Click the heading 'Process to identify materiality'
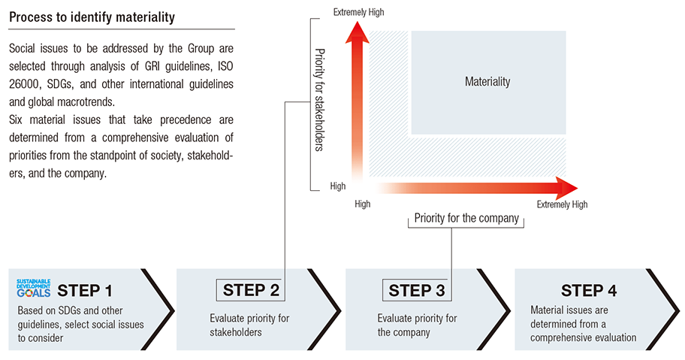pyautogui.click(x=92, y=17)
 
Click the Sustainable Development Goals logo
pyautogui.click(x=34, y=289)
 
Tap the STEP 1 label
pyautogui.click(x=85, y=291)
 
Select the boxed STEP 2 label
pyautogui.click(x=251, y=290)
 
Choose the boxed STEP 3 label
pyautogui.click(x=417, y=290)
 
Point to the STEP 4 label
pyautogui.click(x=589, y=291)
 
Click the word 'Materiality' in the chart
pyautogui.click(x=487, y=82)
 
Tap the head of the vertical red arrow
pyautogui.click(x=358, y=32)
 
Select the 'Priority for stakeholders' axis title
pyautogui.click(x=320, y=100)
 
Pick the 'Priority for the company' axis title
pyautogui.click(x=466, y=218)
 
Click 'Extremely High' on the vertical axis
pyautogui.click(x=359, y=12)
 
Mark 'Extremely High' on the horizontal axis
pyautogui.click(x=563, y=204)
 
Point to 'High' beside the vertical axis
pyautogui.click(x=338, y=186)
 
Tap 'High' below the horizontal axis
pyautogui.click(x=363, y=204)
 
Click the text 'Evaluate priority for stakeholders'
pyautogui.click(x=249, y=325)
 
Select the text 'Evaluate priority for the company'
pyautogui.click(x=417, y=325)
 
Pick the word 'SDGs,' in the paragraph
pyautogui.click(x=60, y=84)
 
